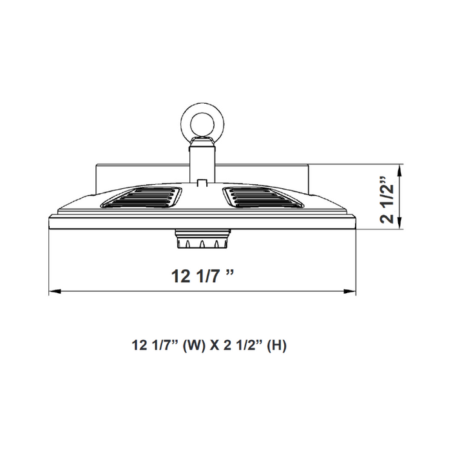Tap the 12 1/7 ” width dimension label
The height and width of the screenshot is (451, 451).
[202, 276]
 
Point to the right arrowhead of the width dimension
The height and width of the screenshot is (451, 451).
[353, 292]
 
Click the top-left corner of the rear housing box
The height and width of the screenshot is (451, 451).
[97, 165]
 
